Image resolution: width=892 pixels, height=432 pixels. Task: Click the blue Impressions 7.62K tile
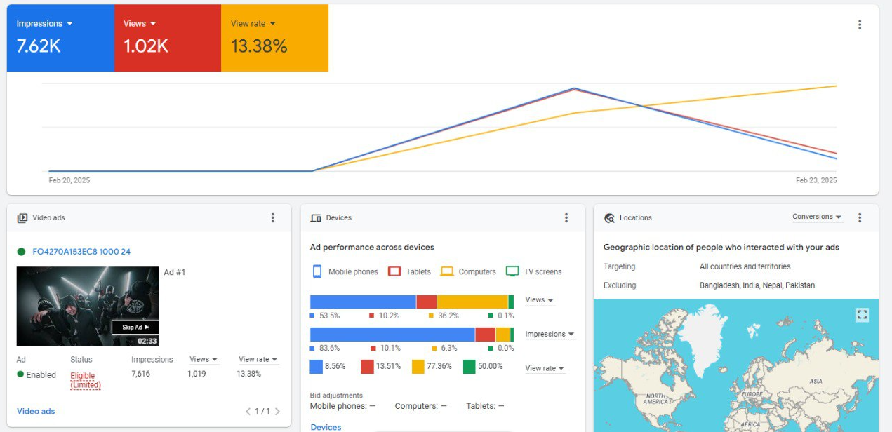pyautogui.click(x=60, y=38)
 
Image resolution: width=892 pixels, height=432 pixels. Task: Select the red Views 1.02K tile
pyautogui.click(x=168, y=38)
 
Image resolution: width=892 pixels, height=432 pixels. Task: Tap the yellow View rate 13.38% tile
pyautogui.click(x=275, y=38)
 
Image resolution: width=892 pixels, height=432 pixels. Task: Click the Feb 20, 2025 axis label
pyautogui.click(x=69, y=180)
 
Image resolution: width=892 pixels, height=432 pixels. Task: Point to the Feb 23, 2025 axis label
pyautogui.click(x=816, y=180)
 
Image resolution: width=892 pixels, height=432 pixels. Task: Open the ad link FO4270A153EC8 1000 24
pyautogui.click(x=81, y=251)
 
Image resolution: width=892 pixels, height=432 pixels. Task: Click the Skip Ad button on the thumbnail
pyautogui.click(x=135, y=327)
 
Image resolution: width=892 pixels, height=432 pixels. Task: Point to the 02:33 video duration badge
pyautogui.click(x=147, y=341)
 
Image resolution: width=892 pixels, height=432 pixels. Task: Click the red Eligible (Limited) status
pyautogui.click(x=85, y=380)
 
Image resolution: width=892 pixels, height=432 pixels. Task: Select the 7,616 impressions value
pyautogui.click(x=140, y=374)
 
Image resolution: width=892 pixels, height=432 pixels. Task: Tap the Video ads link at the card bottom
pyautogui.click(x=36, y=412)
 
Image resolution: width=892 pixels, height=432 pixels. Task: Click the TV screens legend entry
pyautogui.click(x=533, y=271)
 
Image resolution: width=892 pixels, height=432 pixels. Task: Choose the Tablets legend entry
pyautogui.click(x=409, y=271)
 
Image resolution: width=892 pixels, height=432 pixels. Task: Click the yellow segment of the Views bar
pyautogui.click(x=472, y=302)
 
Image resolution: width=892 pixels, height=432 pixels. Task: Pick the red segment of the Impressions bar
pyautogui.click(x=485, y=335)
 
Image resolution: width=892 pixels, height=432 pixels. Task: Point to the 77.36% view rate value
pyautogui.click(x=439, y=366)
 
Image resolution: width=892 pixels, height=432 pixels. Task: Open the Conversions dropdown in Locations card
pyautogui.click(x=816, y=217)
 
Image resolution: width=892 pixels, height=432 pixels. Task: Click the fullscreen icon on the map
pyautogui.click(x=862, y=315)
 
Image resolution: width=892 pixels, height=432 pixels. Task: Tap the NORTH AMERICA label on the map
pyautogui.click(x=655, y=398)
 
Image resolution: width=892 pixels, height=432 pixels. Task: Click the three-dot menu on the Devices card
pyautogui.click(x=566, y=217)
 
